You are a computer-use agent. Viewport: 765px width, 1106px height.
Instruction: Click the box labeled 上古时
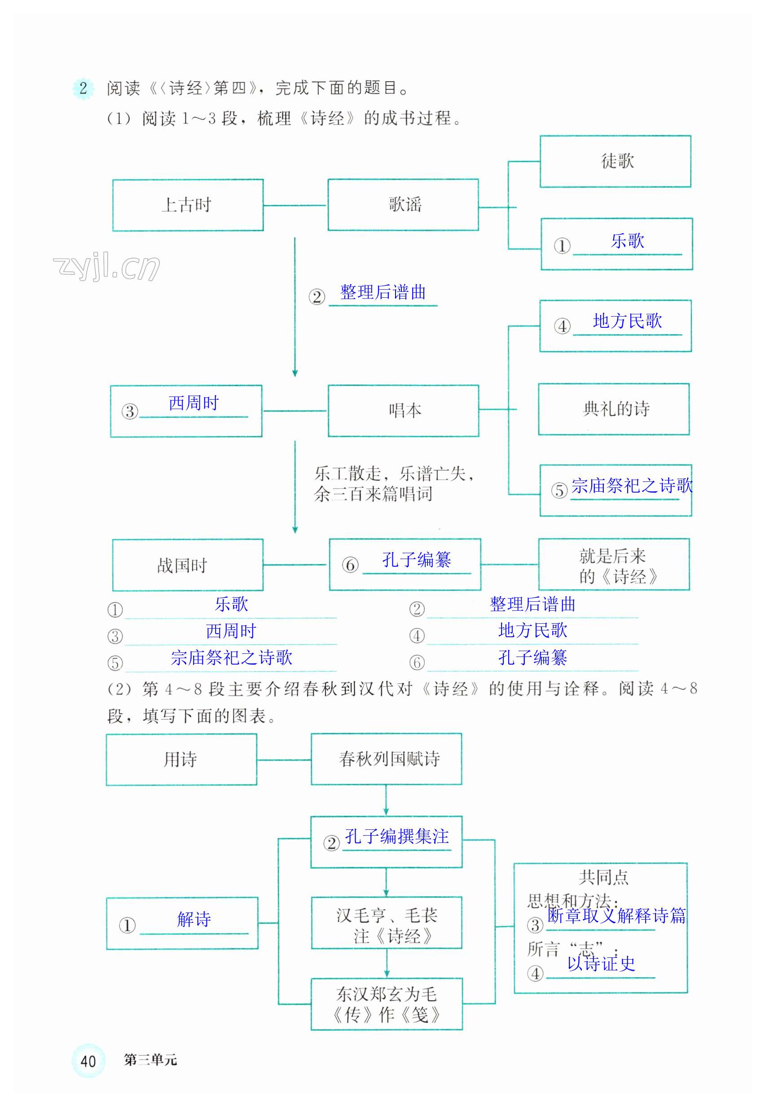(x=187, y=205)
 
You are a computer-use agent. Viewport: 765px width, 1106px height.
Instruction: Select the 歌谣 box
(x=403, y=205)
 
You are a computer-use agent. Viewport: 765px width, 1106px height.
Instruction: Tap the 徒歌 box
(x=615, y=161)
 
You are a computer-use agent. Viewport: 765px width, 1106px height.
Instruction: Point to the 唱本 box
(x=403, y=410)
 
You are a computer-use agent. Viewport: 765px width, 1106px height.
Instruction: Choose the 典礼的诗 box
(x=614, y=409)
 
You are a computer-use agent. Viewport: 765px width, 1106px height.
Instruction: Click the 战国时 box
(x=187, y=565)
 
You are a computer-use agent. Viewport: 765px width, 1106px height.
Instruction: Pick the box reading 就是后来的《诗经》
(x=614, y=564)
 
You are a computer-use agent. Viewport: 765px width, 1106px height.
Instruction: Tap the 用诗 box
(x=181, y=759)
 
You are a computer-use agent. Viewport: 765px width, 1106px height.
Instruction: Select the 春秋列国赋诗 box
(x=387, y=758)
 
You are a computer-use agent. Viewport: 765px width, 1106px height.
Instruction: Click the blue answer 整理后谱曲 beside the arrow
(x=382, y=292)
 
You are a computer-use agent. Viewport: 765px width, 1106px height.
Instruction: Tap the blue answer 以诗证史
(x=601, y=963)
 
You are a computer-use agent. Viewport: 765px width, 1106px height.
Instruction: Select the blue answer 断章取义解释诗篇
(x=616, y=915)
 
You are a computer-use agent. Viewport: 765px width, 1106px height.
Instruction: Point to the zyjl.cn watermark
(x=106, y=267)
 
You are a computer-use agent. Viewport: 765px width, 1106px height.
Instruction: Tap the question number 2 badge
(x=84, y=88)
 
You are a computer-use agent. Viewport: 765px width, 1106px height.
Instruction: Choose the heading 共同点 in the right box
(x=603, y=877)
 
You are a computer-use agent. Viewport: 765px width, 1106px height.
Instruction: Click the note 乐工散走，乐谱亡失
(x=394, y=474)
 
